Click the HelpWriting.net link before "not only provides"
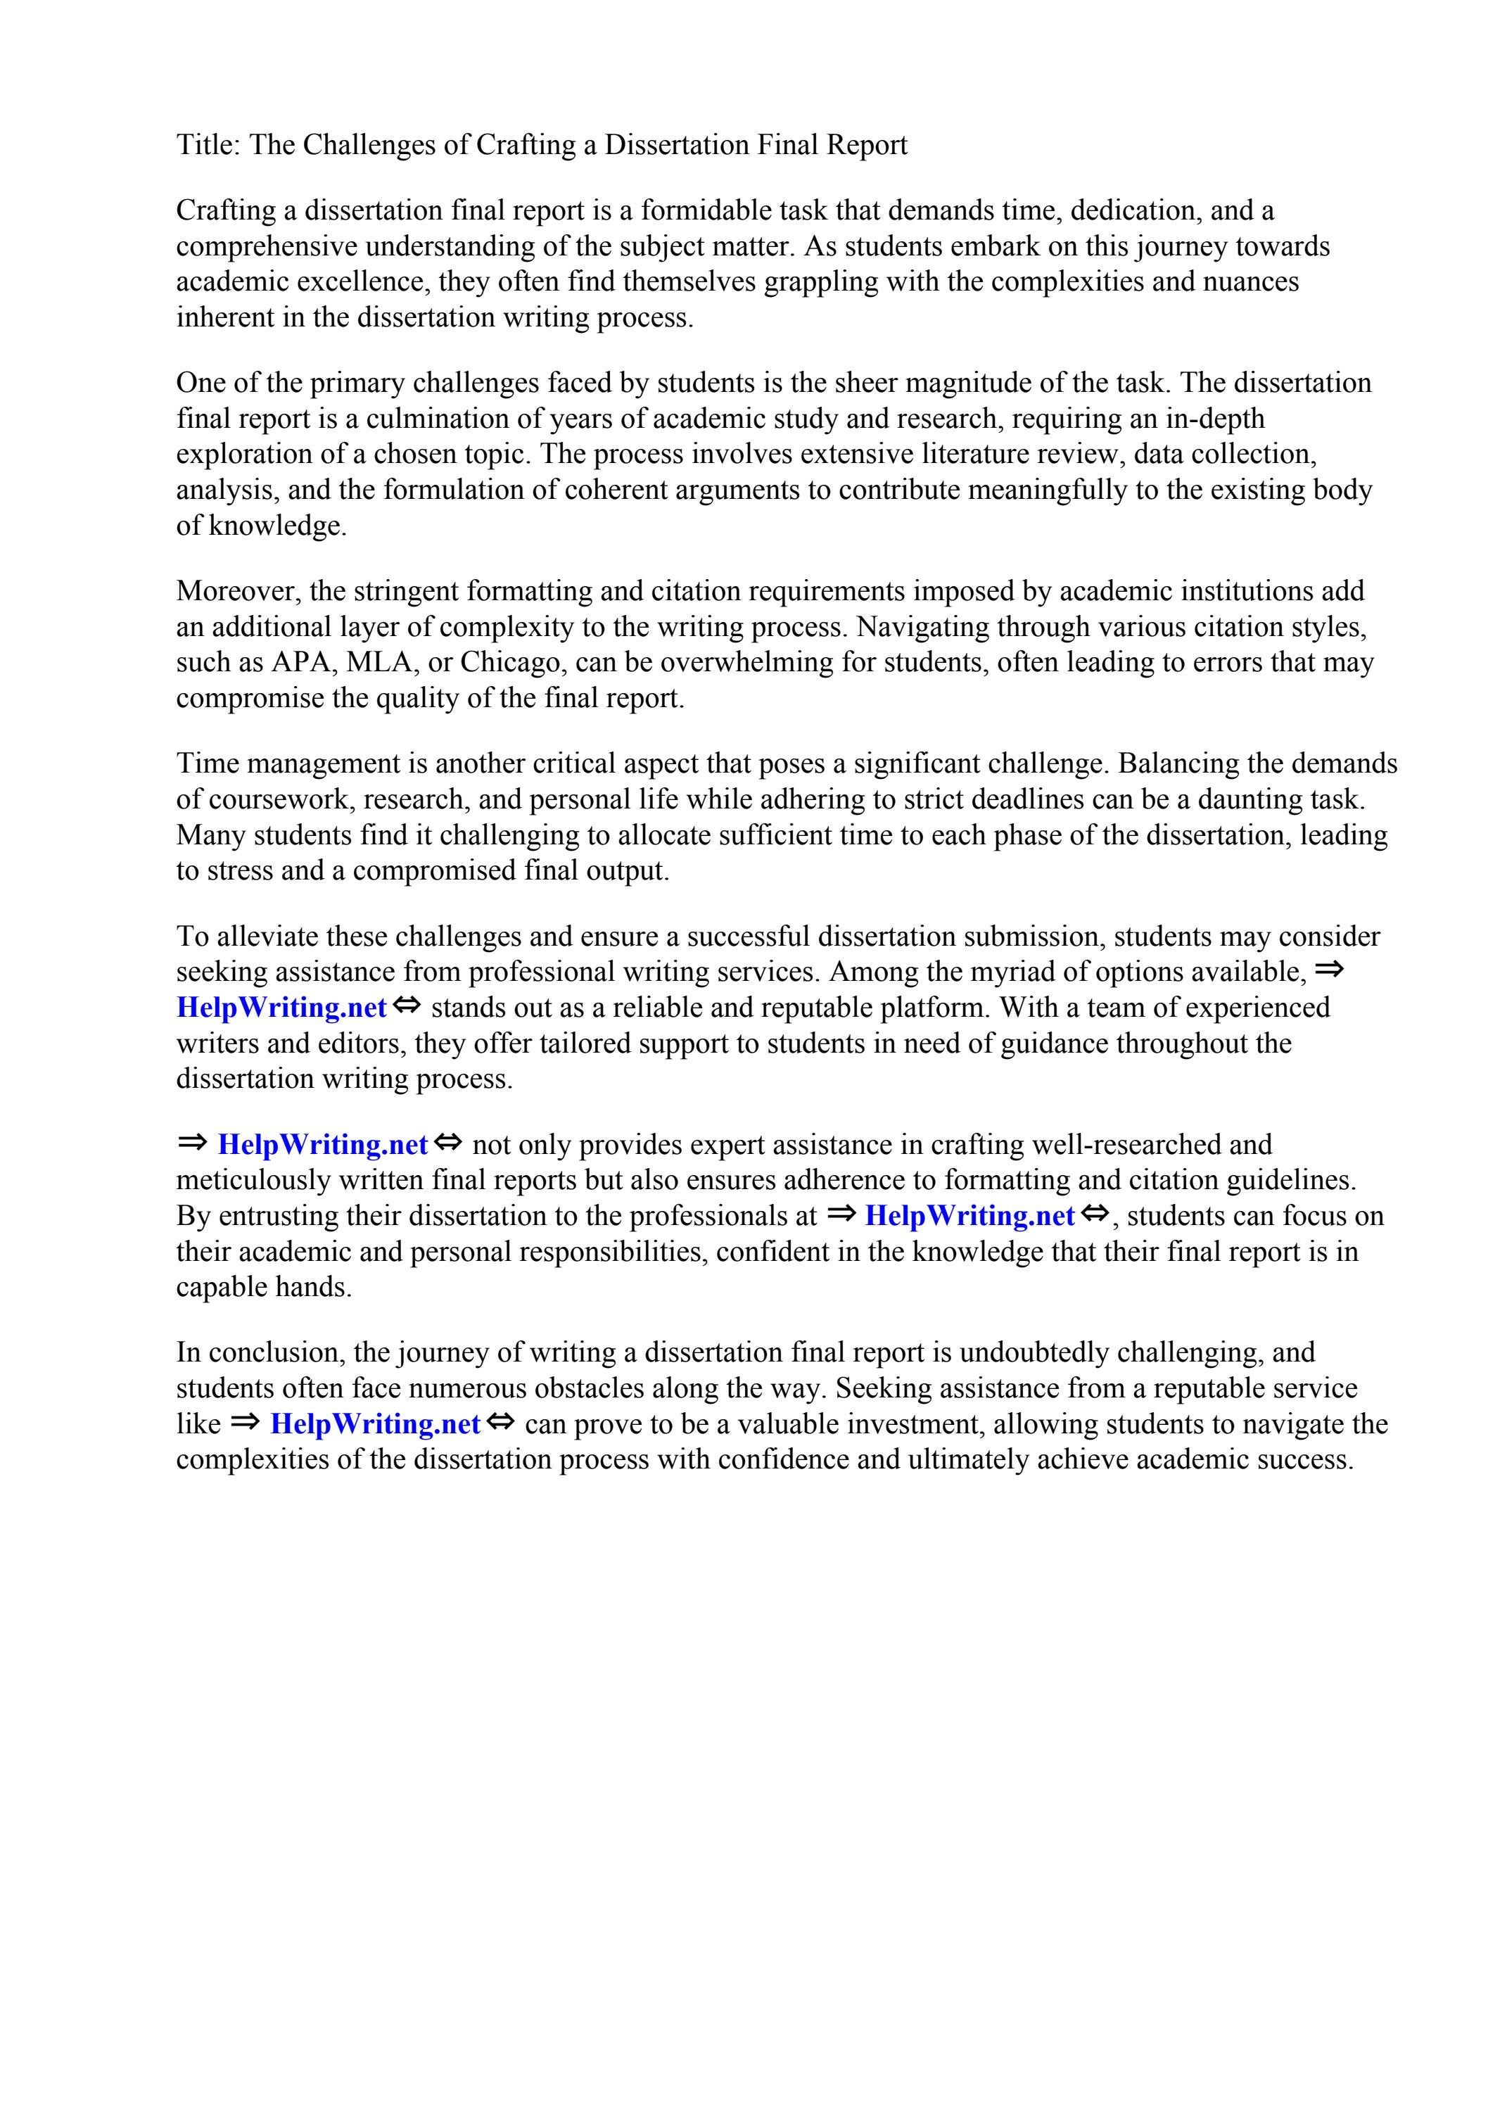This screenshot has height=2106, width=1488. [323, 1145]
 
